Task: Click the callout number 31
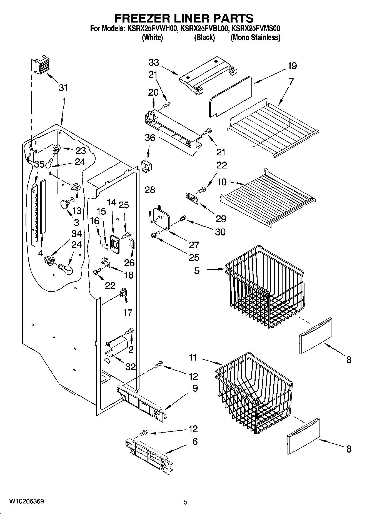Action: [63, 88]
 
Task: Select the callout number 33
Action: [154, 62]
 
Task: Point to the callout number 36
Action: [150, 138]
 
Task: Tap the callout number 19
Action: [292, 66]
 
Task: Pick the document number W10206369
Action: [26, 501]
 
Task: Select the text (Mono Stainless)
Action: [255, 38]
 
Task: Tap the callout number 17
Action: [128, 313]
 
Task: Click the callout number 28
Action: [150, 190]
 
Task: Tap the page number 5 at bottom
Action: [186, 502]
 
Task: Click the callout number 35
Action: [39, 164]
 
